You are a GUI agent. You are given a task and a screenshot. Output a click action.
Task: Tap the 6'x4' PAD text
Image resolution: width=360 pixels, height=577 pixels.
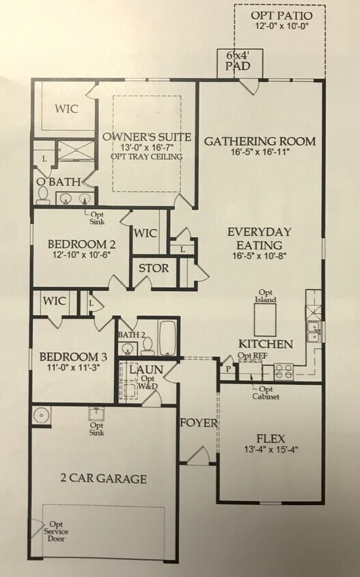(238, 61)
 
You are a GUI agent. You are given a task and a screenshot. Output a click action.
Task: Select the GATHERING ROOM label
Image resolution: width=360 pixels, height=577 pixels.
(260, 142)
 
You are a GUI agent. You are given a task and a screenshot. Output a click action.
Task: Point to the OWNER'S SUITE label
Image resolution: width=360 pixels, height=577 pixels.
(146, 137)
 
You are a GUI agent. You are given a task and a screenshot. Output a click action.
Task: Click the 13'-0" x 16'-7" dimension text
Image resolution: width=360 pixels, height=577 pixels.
(146, 147)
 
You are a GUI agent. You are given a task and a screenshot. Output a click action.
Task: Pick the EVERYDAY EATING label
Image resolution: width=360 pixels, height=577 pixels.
(260, 237)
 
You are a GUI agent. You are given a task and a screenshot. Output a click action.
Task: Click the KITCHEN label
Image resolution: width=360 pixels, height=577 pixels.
(265, 343)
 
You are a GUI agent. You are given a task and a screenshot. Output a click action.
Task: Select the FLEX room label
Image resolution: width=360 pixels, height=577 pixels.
(271, 438)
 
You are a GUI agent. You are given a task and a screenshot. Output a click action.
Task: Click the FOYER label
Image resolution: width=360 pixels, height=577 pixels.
(198, 423)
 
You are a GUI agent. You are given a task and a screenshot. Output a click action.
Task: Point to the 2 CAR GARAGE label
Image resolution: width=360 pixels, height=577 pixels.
(102, 479)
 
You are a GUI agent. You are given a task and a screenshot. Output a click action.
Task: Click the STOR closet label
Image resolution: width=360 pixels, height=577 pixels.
(154, 268)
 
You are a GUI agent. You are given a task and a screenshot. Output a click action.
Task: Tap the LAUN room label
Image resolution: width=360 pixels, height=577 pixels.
(146, 369)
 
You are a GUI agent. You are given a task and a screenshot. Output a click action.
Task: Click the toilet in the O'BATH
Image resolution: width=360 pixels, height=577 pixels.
(44, 196)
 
